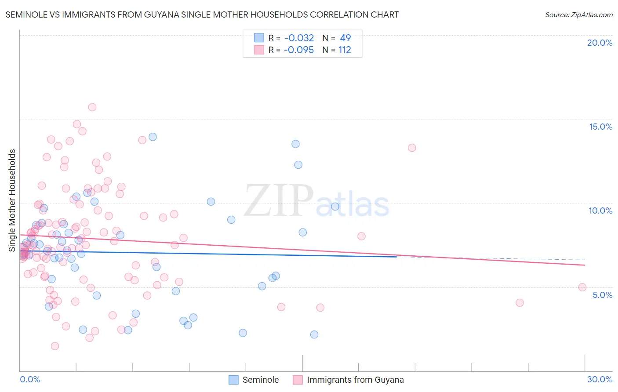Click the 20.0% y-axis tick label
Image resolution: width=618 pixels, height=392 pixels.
(x=600, y=43)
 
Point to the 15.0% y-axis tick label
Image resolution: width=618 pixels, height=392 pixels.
(x=600, y=127)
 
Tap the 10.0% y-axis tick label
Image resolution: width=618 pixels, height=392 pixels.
(x=600, y=211)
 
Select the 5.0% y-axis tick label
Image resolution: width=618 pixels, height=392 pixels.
(x=602, y=295)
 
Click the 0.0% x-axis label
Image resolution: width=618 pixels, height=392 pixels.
(x=30, y=379)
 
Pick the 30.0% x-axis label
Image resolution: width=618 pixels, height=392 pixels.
(x=600, y=379)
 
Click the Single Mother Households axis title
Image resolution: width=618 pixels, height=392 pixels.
(x=12, y=200)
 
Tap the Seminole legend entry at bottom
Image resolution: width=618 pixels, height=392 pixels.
(x=260, y=380)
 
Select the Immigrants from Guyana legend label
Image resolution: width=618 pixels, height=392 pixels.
(x=355, y=380)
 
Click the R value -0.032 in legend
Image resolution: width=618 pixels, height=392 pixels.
(x=299, y=38)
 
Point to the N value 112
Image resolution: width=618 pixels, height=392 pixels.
(x=345, y=50)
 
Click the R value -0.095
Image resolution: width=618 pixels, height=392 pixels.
(x=299, y=50)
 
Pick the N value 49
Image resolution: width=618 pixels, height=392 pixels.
(x=345, y=38)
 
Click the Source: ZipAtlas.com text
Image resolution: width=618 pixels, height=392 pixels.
(x=578, y=15)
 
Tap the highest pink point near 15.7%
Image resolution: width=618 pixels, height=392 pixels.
(x=92, y=107)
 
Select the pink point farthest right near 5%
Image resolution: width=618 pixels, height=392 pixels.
(x=582, y=287)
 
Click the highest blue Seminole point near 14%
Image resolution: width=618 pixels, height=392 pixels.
(x=153, y=137)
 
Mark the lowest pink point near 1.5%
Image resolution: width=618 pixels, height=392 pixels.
(x=55, y=346)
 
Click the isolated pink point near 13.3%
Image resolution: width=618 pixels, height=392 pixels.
(x=412, y=148)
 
